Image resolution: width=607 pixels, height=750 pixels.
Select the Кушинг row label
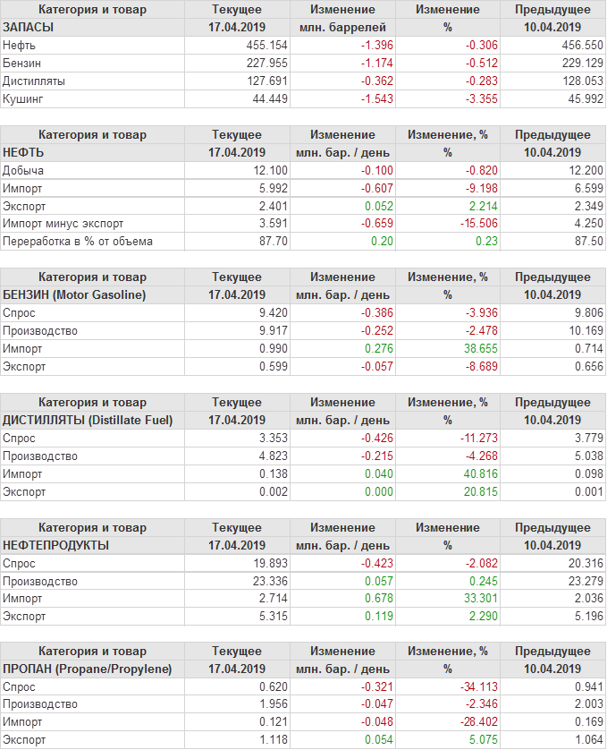[23, 98]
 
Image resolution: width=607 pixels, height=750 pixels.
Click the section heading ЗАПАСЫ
[29, 27]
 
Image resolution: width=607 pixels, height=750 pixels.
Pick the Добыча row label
[23, 170]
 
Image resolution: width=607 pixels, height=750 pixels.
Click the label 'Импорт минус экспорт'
[63, 224]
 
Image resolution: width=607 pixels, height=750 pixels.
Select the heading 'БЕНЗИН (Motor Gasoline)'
[74, 294]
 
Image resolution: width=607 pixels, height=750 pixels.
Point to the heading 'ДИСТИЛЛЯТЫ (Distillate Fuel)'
[88, 420]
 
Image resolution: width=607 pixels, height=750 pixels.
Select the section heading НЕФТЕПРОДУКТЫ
[56, 545]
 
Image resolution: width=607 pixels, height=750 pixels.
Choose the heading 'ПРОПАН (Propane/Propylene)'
[87, 669]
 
